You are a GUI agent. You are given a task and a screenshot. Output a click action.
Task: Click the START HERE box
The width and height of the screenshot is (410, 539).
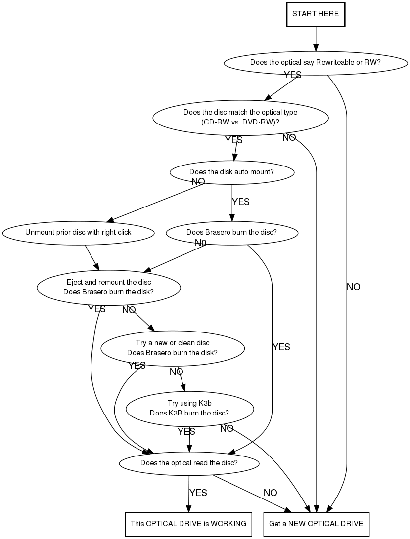pos(316,14)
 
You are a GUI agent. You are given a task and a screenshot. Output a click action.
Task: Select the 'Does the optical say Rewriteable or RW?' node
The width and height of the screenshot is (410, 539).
pos(316,63)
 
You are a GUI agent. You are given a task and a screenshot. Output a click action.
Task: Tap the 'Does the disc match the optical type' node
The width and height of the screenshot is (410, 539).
pos(240,118)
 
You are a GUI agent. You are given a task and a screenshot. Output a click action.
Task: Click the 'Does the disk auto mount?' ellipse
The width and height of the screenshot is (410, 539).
pos(231,172)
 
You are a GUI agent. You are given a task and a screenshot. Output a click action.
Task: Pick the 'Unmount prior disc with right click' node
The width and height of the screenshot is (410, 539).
pos(78,233)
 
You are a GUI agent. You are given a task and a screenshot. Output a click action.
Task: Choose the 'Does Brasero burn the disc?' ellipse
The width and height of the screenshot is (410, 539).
pos(231,233)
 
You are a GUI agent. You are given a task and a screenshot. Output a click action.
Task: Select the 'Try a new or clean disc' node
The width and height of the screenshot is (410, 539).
pos(173,348)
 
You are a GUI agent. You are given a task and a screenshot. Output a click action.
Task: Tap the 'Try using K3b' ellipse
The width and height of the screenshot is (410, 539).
pos(190,409)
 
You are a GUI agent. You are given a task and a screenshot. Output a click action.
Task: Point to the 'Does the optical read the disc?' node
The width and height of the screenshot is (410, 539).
pos(189,463)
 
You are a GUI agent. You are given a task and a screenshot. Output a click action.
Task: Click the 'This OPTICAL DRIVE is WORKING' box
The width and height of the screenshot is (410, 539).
pos(188,524)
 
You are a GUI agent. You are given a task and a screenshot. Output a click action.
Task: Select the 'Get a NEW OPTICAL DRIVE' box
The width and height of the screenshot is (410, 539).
pos(316,524)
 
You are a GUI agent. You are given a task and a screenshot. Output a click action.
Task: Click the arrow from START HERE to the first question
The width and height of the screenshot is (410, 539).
pos(316,39)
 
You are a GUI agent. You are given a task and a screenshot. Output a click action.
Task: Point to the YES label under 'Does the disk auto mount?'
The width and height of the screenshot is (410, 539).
pos(241,202)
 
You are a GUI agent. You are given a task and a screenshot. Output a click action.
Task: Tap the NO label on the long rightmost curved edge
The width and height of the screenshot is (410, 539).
pos(354,287)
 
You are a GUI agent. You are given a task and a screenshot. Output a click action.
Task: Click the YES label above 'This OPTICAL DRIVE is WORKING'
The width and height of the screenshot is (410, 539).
pos(198,493)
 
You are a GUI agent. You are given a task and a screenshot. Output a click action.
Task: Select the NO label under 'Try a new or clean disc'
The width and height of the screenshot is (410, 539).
pos(176,372)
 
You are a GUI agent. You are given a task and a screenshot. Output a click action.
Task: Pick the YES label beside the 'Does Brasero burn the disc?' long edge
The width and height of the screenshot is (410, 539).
pos(281,347)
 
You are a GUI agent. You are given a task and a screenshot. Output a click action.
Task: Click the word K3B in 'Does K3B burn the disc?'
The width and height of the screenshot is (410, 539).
pos(176,413)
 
